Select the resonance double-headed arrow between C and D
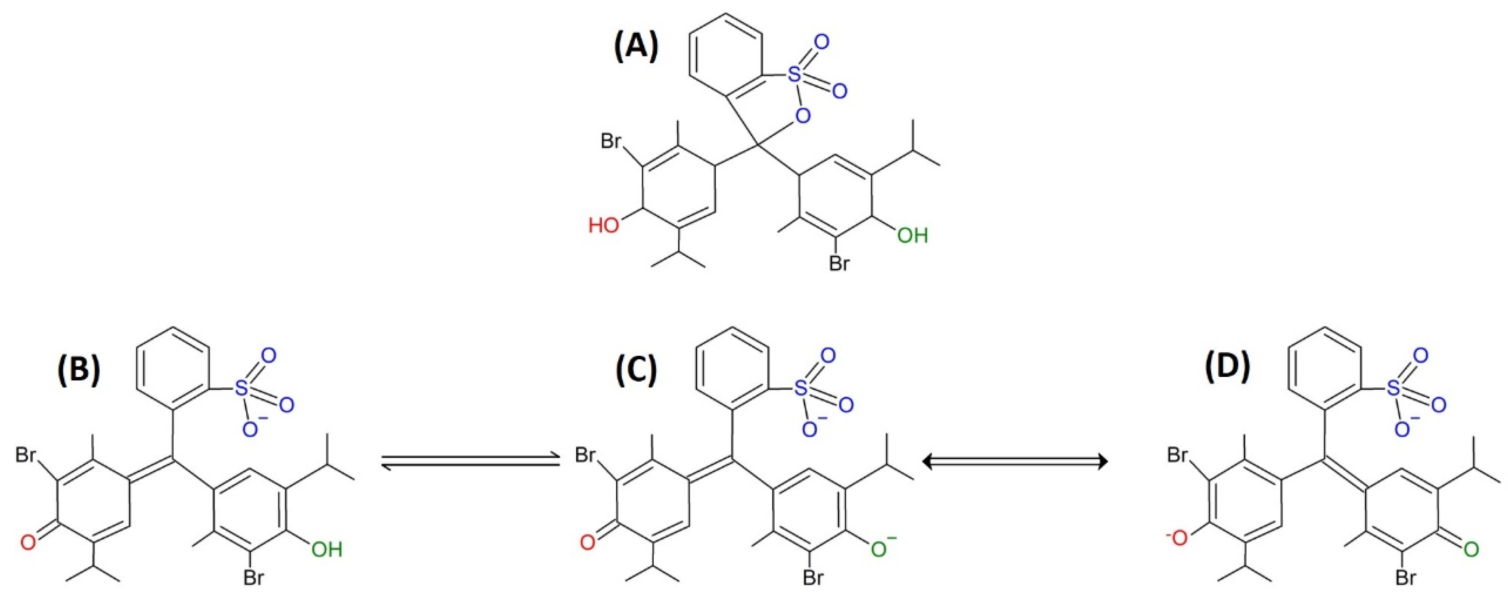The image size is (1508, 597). coord(1015,462)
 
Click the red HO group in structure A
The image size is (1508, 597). coord(604,225)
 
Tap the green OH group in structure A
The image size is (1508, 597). coord(912,235)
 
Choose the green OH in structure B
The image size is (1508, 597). coord(326,549)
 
